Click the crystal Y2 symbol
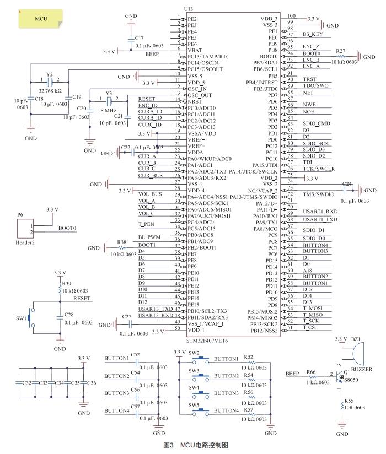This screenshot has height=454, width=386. [x=50, y=82]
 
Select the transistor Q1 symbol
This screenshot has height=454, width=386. [x=341, y=375]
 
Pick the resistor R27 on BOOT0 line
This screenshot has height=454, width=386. [x=341, y=55]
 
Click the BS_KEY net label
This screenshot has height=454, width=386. [x=312, y=35]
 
